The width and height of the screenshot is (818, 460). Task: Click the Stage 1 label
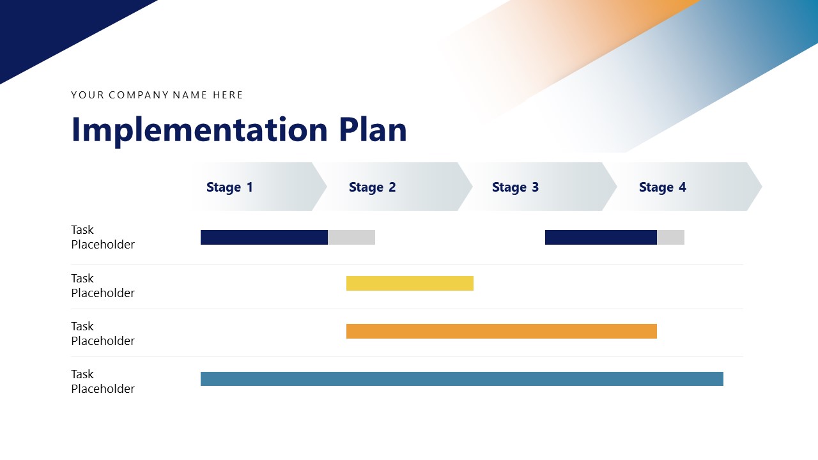point(229,187)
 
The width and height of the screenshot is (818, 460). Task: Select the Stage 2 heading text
point(372,187)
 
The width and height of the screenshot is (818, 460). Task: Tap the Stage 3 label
point(515,187)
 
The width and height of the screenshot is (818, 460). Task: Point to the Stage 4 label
point(662,187)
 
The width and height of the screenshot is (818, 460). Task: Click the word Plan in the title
point(373,130)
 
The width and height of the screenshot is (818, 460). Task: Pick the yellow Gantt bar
point(410,283)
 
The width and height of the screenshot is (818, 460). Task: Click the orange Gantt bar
point(501,331)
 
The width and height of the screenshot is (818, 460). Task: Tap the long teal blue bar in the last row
point(461,379)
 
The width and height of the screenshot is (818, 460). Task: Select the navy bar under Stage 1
point(264,237)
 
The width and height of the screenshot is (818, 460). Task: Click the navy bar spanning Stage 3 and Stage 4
point(601,237)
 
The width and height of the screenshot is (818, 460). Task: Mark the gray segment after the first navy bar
point(351,237)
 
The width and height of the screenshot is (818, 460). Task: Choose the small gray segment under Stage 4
point(670,237)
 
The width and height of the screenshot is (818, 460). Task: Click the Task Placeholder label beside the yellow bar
point(102,286)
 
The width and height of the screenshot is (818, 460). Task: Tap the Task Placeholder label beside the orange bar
point(102,333)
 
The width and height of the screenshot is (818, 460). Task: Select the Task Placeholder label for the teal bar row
point(102,381)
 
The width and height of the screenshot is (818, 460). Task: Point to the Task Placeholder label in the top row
point(102,237)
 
